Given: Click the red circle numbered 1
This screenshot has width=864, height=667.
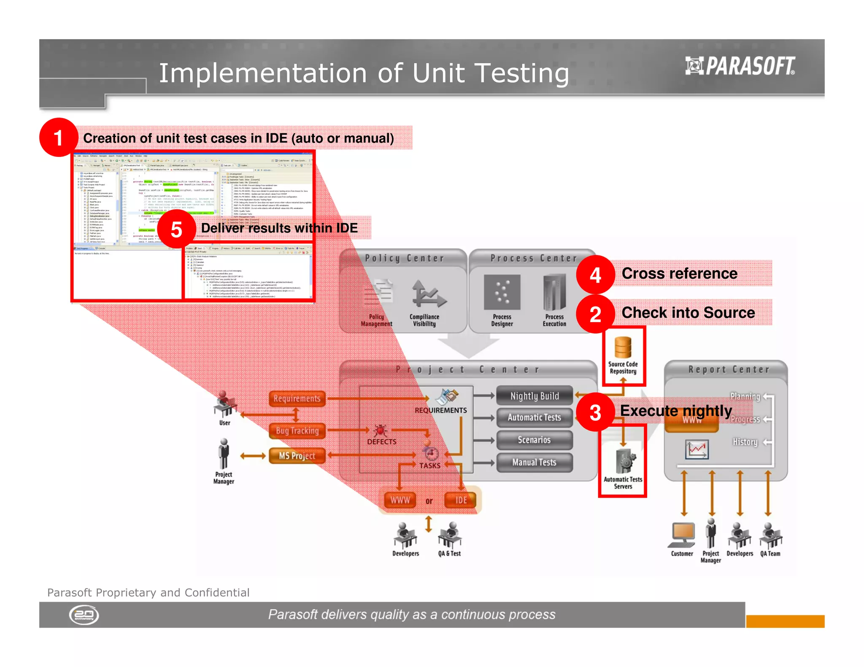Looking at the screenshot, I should pyautogui.click(x=59, y=137).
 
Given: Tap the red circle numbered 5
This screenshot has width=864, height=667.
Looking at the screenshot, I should pyautogui.click(x=176, y=229).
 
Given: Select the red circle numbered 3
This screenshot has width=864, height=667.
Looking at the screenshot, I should pyautogui.click(x=595, y=412).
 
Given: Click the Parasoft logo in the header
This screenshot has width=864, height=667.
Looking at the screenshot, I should pyautogui.click(x=740, y=66).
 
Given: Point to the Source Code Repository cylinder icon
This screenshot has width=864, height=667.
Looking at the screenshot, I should pyautogui.click(x=623, y=347).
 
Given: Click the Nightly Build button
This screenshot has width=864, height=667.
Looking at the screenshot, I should pyautogui.click(x=535, y=396).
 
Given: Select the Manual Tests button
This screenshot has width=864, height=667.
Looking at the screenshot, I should pyautogui.click(x=535, y=462).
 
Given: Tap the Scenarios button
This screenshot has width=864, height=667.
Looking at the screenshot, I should pyautogui.click(x=535, y=440).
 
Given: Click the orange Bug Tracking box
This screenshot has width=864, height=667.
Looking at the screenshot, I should pyautogui.click(x=297, y=430).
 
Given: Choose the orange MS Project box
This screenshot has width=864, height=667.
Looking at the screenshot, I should pyautogui.click(x=297, y=455).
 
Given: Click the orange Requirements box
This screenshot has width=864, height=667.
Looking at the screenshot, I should pyautogui.click(x=297, y=398).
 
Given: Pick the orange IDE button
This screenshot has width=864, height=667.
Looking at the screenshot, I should pyautogui.click(x=461, y=500).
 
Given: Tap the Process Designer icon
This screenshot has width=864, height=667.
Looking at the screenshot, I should pyautogui.click(x=502, y=292).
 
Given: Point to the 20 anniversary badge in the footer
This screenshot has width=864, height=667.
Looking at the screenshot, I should pyautogui.click(x=84, y=615).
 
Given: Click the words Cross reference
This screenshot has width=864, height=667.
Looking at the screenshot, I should pyautogui.click(x=679, y=273).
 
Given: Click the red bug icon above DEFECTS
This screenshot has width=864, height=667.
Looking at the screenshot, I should pyautogui.click(x=380, y=430).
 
